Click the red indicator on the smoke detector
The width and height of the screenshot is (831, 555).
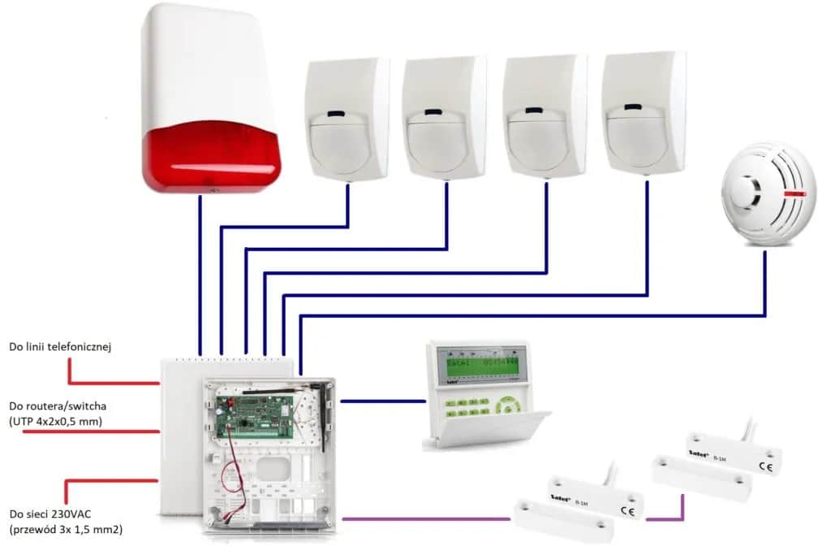click(x=797, y=195)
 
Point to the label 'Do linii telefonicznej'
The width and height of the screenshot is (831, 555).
click(x=59, y=347)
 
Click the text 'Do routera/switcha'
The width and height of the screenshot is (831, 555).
click(x=58, y=404)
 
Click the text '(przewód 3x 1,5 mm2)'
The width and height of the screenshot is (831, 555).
click(x=67, y=530)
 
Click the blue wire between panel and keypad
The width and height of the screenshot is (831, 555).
click(x=381, y=401)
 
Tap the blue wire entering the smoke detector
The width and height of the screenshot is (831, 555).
click(x=765, y=276)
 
